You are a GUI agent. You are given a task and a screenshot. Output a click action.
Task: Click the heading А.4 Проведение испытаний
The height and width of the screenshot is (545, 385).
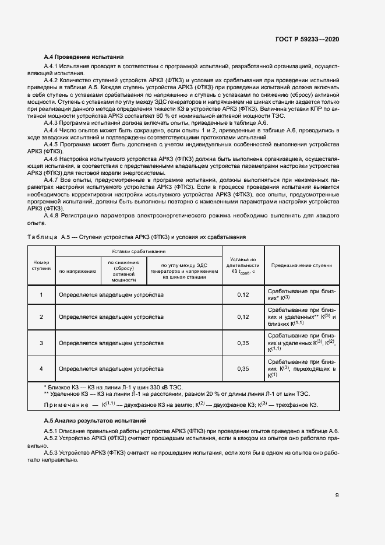point(84,57)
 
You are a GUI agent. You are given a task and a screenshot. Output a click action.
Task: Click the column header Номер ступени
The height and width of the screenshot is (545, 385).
point(41,265)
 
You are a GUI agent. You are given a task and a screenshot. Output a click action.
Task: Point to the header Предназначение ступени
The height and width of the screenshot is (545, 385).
point(301,265)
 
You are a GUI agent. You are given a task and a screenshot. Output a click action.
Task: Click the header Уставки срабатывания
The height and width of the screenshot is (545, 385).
point(138,251)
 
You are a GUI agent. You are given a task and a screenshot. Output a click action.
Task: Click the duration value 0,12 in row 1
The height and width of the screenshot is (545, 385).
point(243,294)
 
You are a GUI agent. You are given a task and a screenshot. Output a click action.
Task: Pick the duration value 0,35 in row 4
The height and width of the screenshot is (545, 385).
point(243,368)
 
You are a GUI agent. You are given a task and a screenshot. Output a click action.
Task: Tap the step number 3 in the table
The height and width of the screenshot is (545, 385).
point(41,343)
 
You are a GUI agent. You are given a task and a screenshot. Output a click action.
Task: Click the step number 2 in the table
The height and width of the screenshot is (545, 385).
point(41,317)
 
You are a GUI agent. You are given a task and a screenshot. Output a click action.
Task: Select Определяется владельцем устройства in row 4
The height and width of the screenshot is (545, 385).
point(111,368)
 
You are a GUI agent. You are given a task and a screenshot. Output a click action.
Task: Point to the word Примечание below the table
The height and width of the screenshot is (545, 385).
point(68,405)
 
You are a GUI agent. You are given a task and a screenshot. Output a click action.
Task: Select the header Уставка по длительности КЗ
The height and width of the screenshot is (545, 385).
point(243,265)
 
